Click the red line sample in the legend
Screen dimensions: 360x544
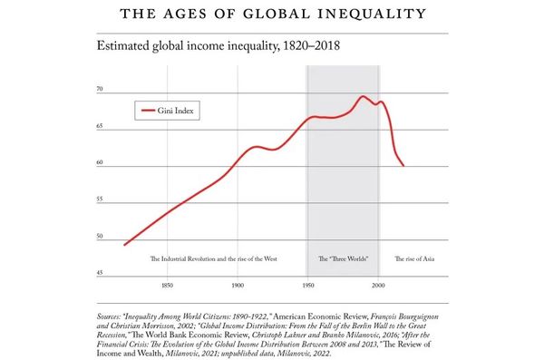pos(150,111)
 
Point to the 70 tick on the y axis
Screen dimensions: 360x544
pos(99,91)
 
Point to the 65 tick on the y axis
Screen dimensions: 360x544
pos(99,128)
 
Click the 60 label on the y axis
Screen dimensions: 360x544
pos(99,164)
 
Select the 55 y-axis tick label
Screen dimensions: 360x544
pos(99,200)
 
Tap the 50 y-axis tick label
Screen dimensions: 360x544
pos(99,238)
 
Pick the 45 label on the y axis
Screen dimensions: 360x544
pos(99,274)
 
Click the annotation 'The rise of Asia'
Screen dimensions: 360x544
pos(415,259)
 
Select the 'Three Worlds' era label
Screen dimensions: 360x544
pos(342,259)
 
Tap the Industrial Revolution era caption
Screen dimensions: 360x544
pos(213,259)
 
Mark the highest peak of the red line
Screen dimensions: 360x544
pos(363,96)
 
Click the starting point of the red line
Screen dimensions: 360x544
pos(124,245)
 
